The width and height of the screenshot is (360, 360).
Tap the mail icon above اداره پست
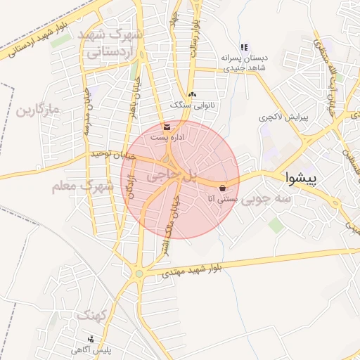pyautogui.click(x=167, y=127)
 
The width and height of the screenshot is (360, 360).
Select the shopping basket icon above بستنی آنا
pyautogui.click(x=223, y=188)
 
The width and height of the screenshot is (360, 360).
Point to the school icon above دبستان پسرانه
pyautogui.click(x=244, y=47)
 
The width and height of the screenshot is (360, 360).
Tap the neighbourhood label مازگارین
pyautogui.click(x=36, y=110)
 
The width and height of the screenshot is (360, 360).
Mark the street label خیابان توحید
pyautogui.click(x=113, y=155)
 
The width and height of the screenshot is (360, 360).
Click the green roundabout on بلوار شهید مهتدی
pyautogui.click(x=139, y=273)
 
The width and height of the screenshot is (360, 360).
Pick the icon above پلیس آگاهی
pyautogui.click(x=90, y=339)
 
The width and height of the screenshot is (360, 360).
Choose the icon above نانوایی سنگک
pyautogui.click(x=193, y=94)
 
